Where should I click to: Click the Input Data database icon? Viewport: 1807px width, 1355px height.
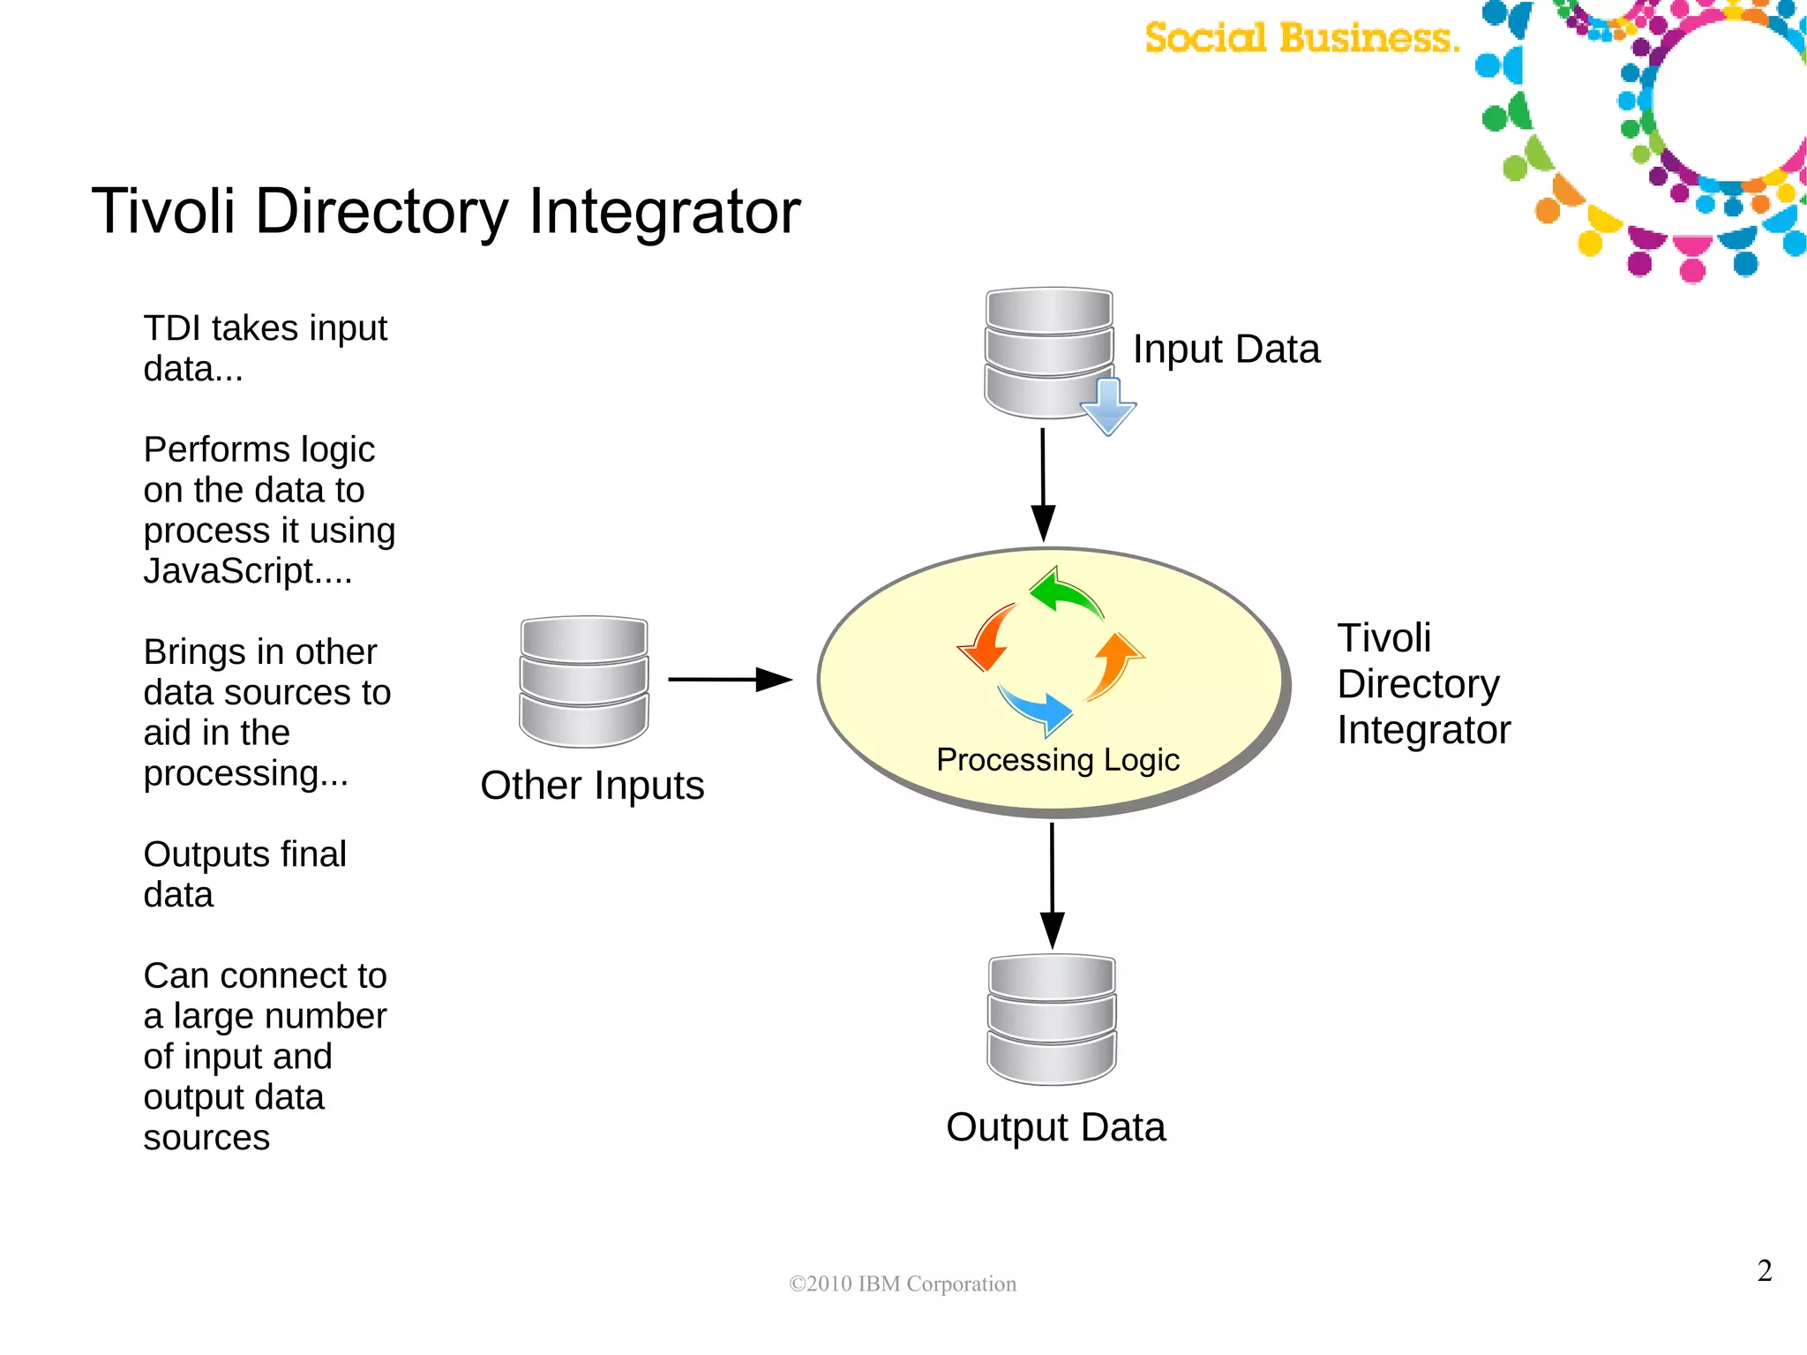click(x=1048, y=351)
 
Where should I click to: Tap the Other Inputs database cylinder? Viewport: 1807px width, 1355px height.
click(x=584, y=681)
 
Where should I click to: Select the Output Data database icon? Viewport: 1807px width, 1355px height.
click(x=1052, y=1020)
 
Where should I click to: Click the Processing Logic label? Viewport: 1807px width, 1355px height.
click(x=1058, y=760)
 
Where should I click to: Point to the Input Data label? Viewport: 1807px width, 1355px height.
click(x=1226, y=350)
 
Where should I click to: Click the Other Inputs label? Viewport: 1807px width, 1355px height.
click(x=592, y=786)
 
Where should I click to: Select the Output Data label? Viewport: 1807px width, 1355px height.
click(x=1056, y=1127)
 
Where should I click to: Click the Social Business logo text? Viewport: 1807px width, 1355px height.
click(x=1301, y=38)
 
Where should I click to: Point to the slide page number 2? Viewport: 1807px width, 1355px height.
click(x=1765, y=1270)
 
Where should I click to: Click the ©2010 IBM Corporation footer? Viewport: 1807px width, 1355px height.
click(x=903, y=1283)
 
